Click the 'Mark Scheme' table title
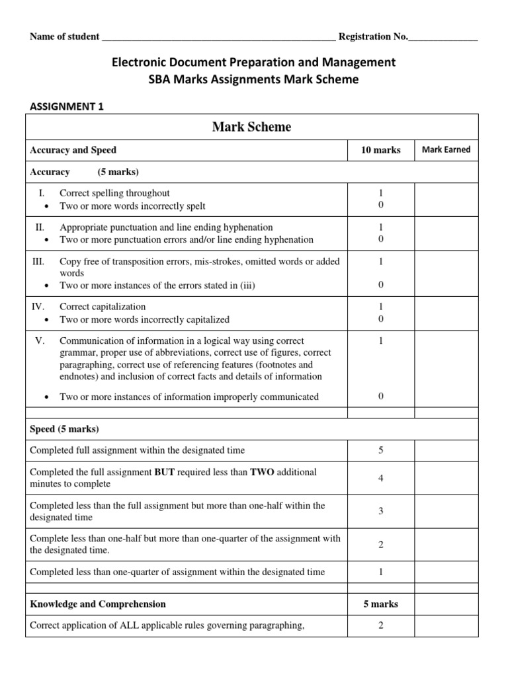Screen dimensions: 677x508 click(251, 127)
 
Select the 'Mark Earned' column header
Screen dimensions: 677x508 click(446, 149)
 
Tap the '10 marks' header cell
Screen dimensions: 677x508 click(380, 150)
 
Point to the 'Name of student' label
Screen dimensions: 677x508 click(65, 36)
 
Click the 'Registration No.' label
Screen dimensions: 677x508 click(373, 36)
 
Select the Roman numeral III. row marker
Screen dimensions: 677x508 click(38, 261)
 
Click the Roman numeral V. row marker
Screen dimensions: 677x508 click(39, 340)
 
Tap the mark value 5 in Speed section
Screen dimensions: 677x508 click(381, 450)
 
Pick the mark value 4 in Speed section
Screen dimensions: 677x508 click(381, 478)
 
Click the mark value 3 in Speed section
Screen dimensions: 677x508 click(381, 511)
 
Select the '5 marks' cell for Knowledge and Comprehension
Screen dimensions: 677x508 click(380, 604)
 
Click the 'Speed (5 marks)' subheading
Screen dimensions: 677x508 click(64, 429)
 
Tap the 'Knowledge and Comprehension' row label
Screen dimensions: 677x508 click(98, 604)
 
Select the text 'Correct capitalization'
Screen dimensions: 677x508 click(103, 307)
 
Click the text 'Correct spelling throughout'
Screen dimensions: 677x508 click(114, 193)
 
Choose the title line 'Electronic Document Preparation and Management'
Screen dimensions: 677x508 click(254, 62)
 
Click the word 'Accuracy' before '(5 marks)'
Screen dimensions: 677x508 click(50, 172)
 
